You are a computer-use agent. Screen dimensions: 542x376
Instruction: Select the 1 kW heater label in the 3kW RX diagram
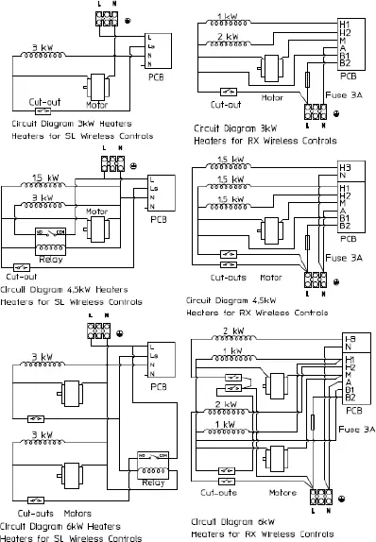coord(228,17)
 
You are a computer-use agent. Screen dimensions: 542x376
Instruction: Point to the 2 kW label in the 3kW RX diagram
coord(228,36)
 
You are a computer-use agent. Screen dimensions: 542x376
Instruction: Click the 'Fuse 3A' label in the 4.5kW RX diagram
coord(345,256)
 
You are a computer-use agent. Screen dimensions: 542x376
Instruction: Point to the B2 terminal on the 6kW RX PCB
coord(345,398)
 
